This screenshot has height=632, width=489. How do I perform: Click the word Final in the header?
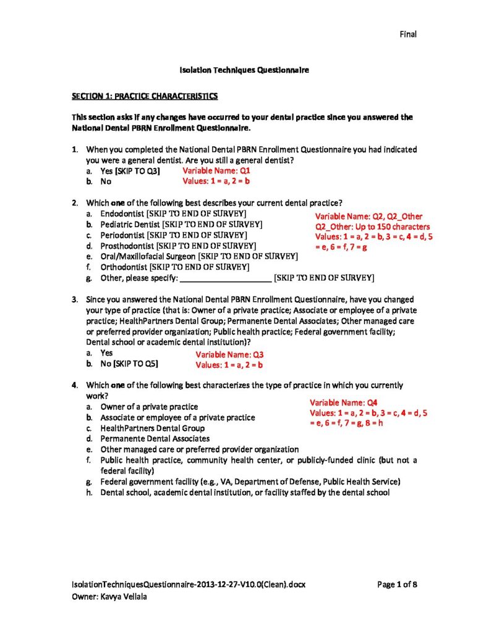[x=407, y=35]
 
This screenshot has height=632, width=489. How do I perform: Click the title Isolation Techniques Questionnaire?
[x=244, y=71]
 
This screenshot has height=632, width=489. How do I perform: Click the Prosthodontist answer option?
[x=127, y=246]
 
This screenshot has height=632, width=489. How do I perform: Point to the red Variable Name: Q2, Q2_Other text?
[x=369, y=216]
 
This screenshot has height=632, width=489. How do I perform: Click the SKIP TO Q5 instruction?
[x=137, y=364]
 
